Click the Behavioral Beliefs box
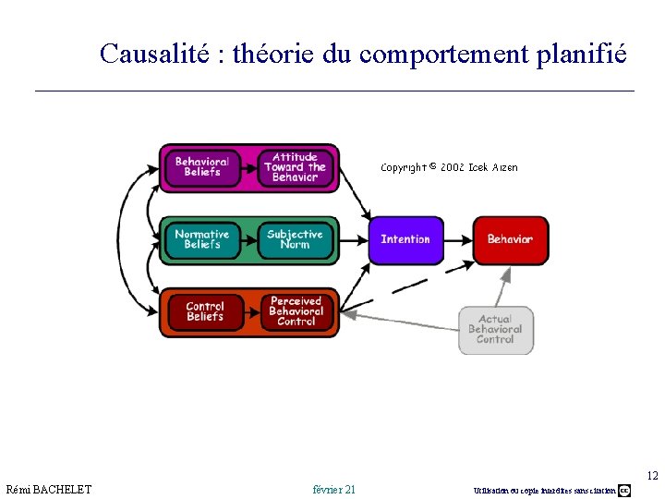click(201, 167)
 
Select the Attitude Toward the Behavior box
click(295, 167)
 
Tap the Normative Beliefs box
click(201, 239)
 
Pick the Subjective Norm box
click(295, 239)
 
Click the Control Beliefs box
click(204, 312)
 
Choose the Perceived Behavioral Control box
click(296, 312)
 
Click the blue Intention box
click(405, 239)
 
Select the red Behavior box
click(510, 239)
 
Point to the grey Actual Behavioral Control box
click(496, 330)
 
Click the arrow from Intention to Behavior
click(458, 239)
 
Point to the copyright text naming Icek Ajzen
click(449, 167)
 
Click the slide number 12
click(652, 476)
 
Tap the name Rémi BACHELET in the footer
click(49, 489)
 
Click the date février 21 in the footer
click(334, 489)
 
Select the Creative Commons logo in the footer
click(624, 490)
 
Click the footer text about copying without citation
click(544, 490)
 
